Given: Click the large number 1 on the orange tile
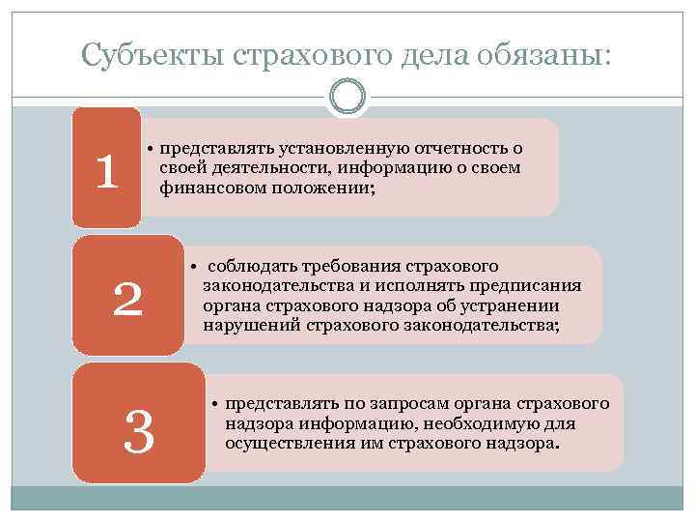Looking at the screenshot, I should pyautogui.click(x=106, y=171).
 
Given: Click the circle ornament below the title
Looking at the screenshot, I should pyautogui.click(x=347, y=96).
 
